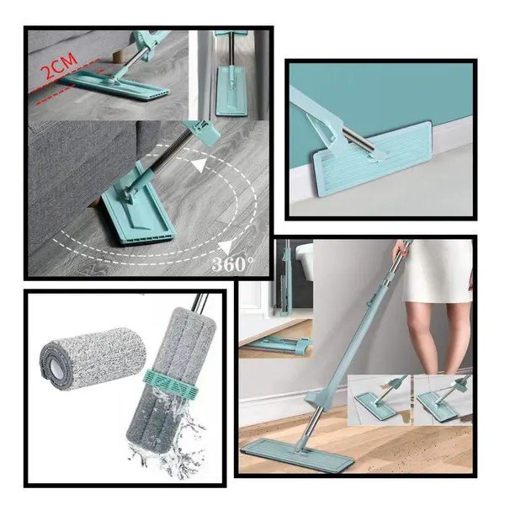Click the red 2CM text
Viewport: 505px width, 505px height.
(x=61, y=66)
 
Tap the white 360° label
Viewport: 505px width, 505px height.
(x=233, y=263)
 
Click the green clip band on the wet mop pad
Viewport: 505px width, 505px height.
(x=170, y=384)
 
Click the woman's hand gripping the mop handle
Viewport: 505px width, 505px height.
(x=401, y=247)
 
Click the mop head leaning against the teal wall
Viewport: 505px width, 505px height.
(x=373, y=158)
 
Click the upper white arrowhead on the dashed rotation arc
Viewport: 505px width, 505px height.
(x=199, y=166)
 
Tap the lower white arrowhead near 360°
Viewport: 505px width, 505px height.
(x=226, y=247)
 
